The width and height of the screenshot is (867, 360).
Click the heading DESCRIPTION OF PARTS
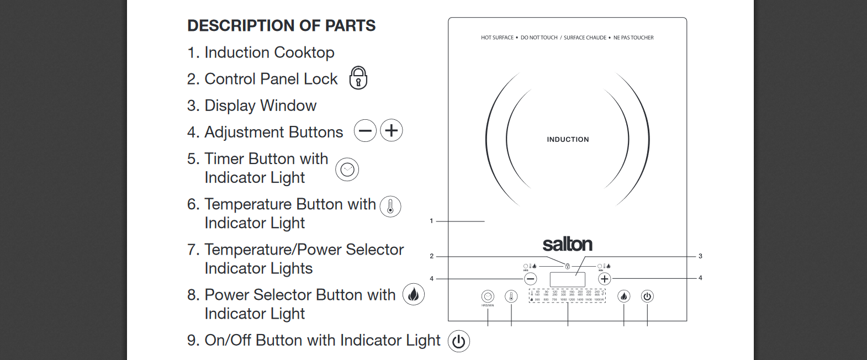[281, 25]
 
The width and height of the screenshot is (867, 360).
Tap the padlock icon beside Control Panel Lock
[358, 78]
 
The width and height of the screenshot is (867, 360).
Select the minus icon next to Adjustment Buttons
[365, 131]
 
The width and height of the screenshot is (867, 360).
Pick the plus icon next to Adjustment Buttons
[392, 131]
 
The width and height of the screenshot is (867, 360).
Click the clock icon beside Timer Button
[347, 170]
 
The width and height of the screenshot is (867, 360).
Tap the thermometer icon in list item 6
[390, 207]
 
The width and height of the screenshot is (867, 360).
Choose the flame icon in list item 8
[414, 295]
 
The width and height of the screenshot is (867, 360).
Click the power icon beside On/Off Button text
[459, 341]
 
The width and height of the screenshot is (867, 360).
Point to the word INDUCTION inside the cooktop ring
[568, 140]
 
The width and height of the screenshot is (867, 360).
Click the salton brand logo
[567, 244]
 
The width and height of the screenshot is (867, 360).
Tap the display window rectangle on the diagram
[567, 279]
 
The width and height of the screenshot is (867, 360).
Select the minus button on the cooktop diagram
[530, 279]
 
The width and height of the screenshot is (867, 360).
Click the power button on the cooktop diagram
[647, 297]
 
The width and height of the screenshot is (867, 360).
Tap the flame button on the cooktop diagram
[623, 297]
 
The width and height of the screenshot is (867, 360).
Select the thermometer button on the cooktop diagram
[511, 297]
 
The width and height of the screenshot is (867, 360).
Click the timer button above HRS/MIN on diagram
[488, 297]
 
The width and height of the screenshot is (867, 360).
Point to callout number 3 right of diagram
[700, 256]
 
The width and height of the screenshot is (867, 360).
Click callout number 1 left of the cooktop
[431, 221]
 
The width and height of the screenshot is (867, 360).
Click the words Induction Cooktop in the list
[269, 52]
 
